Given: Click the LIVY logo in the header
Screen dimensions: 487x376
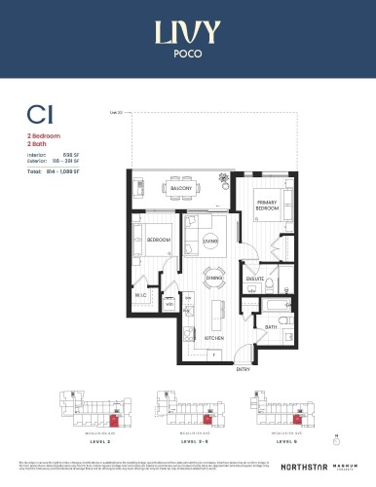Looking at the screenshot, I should coord(187,34).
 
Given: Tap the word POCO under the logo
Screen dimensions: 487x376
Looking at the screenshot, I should coord(187,56).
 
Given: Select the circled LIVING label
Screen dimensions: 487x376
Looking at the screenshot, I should coord(210,241).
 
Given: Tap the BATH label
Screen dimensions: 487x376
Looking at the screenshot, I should coord(271,327).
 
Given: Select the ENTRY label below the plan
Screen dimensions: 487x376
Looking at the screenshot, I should coord(242,369).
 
